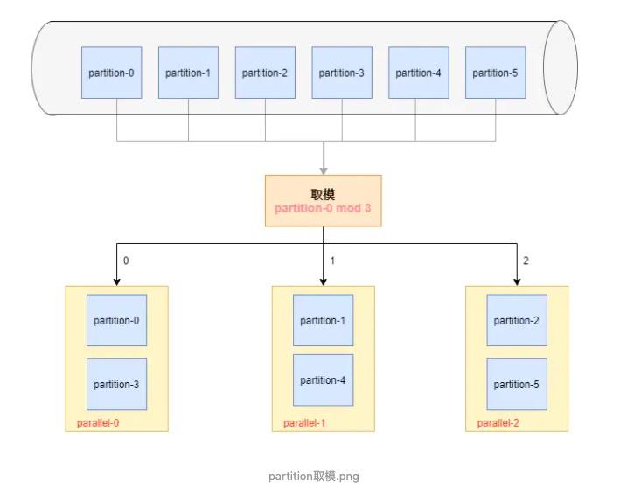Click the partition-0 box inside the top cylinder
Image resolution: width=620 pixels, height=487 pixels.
tap(111, 73)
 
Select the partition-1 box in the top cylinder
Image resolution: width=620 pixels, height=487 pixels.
tap(188, 73)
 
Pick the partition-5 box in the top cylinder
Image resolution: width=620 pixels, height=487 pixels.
tap(495, 73)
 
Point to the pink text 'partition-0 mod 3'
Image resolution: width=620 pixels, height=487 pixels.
tap(323, 209)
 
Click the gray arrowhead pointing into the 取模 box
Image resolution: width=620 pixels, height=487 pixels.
tap(324, 170)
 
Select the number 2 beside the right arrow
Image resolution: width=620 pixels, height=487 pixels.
tap(525, 261)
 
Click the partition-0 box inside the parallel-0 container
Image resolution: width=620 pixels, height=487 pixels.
tap(116, 320)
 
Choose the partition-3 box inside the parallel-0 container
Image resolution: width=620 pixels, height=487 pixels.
tap(116, 385)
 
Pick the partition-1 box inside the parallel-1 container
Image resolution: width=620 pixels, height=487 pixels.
tap(323, 320)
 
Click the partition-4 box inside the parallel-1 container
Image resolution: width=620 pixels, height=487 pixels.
tap(323, 379)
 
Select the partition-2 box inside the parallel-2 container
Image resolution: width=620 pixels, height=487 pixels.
tap(516, 320)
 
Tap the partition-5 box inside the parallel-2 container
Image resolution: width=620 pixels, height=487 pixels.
tap(516, 385)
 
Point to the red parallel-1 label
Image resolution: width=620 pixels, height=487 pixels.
tap(304, 424)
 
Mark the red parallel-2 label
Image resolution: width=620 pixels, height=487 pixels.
tap(498, 424)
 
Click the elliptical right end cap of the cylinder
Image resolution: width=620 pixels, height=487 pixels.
tap(560, 67)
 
